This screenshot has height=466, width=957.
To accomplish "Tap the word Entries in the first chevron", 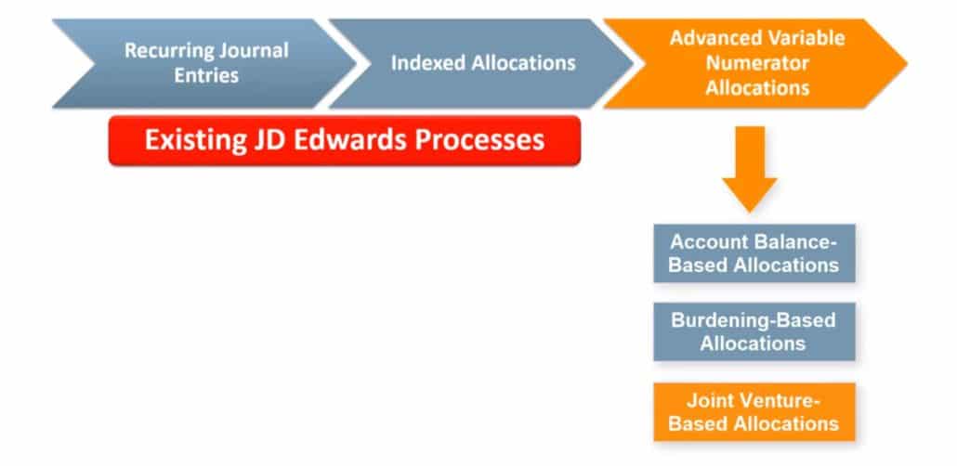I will [x=205, y=74].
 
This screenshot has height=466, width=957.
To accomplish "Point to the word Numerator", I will [x=756, y=63].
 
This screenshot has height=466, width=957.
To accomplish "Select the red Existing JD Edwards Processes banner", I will [x=344, y=141].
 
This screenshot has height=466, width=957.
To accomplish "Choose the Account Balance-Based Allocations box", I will [x=754, y=252].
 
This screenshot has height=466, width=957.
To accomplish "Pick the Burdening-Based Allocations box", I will [x=754, y=331].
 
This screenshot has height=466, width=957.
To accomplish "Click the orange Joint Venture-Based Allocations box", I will [x=754, y=411].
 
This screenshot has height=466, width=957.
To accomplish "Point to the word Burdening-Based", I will [x=754, y=320].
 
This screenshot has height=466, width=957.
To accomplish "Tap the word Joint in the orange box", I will [x=705, y=401].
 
